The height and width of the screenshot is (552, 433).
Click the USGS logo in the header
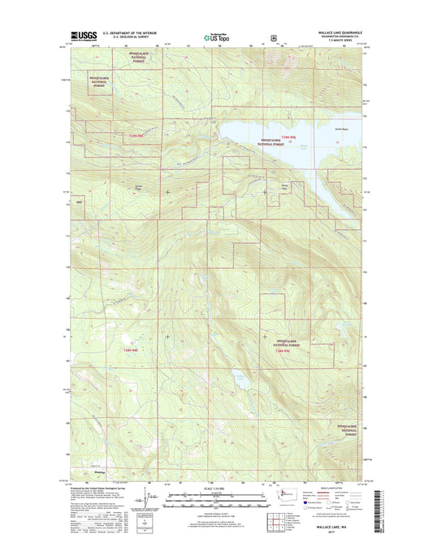tap(84, 36)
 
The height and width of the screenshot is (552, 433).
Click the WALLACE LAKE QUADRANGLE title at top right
tap(333, 33)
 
